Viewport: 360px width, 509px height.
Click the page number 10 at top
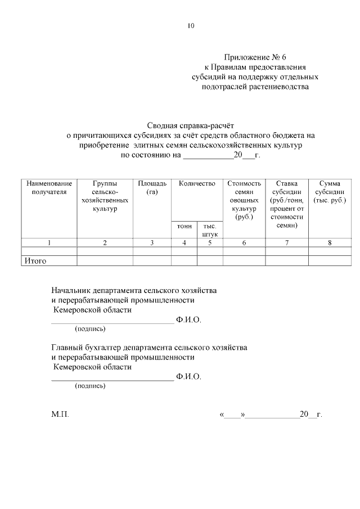(191, 26)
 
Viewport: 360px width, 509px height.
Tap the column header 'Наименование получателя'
(49, 188)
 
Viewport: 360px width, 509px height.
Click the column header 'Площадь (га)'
(152, 188)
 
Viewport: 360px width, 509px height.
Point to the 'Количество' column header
(197, 184)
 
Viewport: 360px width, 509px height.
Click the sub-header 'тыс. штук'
(210, 229)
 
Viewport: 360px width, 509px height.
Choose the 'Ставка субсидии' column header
(286, 204)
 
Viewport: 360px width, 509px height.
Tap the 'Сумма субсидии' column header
(330, 192)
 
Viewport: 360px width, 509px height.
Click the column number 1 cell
(49, 242)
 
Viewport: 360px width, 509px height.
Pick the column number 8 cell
(330, 242)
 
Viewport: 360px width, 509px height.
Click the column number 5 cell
(210, 242)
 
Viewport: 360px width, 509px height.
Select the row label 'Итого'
(35, 261)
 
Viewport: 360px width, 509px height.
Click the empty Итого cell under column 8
(330, 260)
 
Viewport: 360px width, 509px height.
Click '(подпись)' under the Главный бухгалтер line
(90, 386)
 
